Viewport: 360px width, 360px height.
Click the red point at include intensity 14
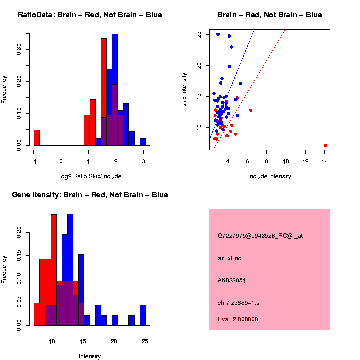(325, 145)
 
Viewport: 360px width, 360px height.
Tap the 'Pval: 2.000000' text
(238, 319)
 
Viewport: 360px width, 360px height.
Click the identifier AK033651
(231, 280)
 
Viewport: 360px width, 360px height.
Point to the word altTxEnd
(230, 258)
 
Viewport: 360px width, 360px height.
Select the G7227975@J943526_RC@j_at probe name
(260, 235)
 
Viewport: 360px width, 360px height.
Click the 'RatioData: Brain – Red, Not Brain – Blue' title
(90, 15)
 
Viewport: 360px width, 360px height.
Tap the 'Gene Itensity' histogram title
(90, 194)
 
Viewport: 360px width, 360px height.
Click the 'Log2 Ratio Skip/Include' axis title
(90, 176)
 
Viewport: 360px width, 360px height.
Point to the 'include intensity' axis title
(270, 176)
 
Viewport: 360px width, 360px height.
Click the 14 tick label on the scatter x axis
(324, 161)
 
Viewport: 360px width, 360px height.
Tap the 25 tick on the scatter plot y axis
(199, 34)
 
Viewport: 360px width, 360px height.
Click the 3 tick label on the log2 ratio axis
(143, 161)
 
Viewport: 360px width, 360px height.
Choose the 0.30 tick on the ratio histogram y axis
(19, 48)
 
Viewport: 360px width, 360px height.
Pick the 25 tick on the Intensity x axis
(145, 341)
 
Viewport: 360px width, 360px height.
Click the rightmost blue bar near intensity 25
(143, 315)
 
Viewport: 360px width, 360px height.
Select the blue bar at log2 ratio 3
(143, 142)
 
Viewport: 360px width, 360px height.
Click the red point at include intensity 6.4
(251, 110)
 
